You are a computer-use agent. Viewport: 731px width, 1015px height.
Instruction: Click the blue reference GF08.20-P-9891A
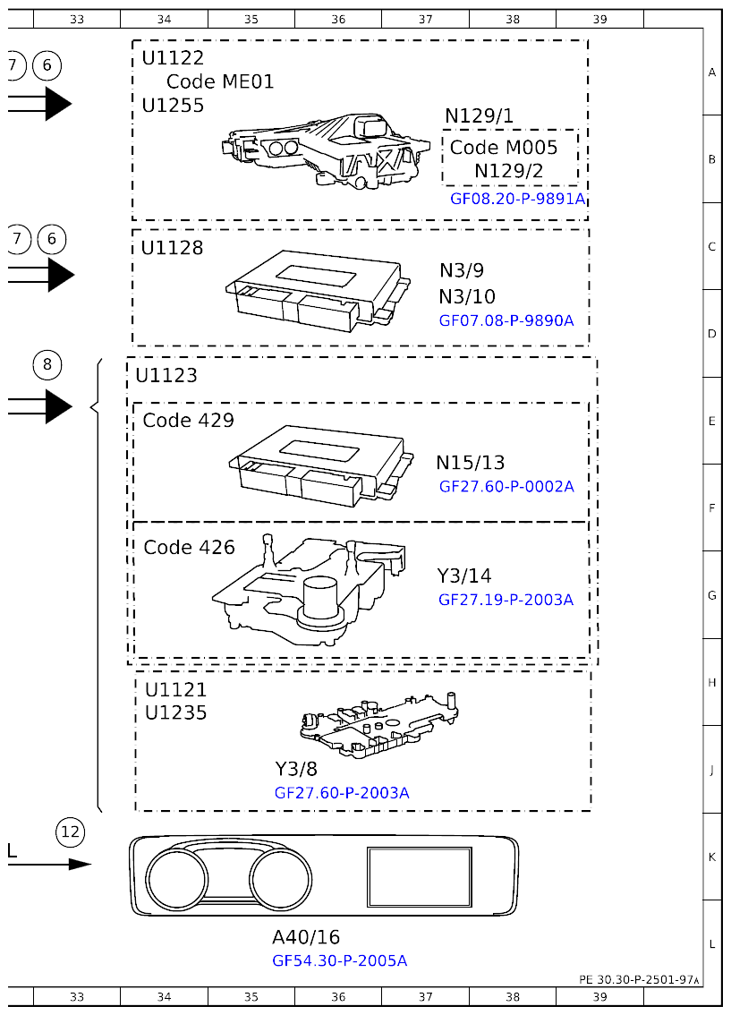pos(517,199)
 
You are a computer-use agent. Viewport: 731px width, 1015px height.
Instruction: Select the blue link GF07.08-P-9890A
pos(506,320)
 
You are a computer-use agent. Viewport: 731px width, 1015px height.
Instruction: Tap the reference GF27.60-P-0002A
pos(506,487)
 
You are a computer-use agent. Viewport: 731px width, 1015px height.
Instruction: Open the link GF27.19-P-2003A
pos(506,600)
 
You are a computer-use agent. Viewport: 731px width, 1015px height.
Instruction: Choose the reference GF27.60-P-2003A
pos(342,792)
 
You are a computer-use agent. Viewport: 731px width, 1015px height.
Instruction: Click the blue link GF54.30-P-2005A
pos(339,960)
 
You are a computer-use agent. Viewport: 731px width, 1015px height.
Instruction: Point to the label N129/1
pos(479,115)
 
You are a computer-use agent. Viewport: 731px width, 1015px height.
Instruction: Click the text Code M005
pos(503,148)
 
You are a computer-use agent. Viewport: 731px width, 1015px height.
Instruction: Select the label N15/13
pos(470,463)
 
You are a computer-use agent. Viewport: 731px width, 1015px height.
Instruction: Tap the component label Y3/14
pos(463,576)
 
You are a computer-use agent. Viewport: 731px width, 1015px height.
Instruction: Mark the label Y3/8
pos(295,769)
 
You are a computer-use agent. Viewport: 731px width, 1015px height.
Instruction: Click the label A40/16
pos(306,937)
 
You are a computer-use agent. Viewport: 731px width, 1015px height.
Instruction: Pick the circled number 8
pos(47,364)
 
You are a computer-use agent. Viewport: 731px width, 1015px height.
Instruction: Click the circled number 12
pos(70,832)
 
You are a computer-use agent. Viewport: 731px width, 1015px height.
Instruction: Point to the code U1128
pos(172,248)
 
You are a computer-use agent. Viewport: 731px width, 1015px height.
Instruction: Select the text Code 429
pos(188,421)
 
